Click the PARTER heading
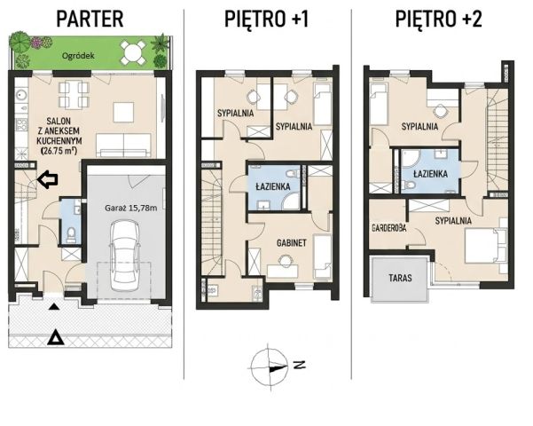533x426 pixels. click(x=90, y=19)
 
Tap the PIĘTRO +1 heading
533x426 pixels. click(x=266, y=19)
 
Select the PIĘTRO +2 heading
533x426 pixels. click(x=438, y=19)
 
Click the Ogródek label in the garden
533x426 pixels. click(x=78, y=55)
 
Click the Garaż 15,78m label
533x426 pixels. click(x=131, y=208)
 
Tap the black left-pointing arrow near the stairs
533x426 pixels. click(x=47, y=179)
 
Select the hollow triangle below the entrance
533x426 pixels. click(x=55, y=337)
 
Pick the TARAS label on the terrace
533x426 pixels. click(x=400, y=278)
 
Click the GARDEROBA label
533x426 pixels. click(x=389, y=228)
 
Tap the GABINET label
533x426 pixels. click(x=291, y=243)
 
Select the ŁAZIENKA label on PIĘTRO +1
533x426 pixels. click(x=273, y=186)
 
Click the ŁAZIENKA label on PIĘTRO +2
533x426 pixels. click(x=430, y=174)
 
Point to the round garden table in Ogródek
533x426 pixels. click(x=133, y=52)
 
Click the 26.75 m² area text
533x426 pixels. click(x=59, y=151)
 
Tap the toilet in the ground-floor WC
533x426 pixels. click(x=71, y=234)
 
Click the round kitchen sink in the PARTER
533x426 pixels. click(x=22, y=93)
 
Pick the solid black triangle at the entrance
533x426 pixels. click(x=54, y=307)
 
